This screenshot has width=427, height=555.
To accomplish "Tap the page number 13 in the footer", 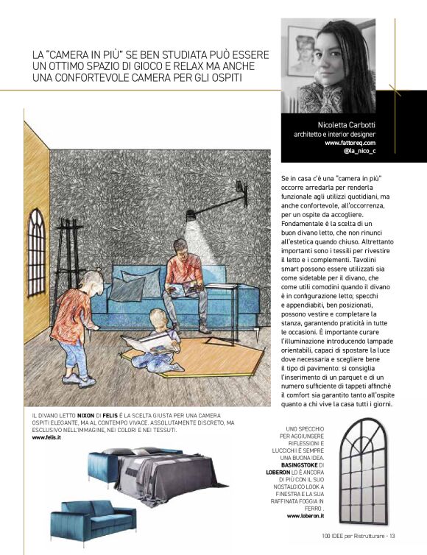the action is coord(392,536).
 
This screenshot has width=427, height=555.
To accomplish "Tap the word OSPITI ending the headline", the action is coord(239,78).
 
